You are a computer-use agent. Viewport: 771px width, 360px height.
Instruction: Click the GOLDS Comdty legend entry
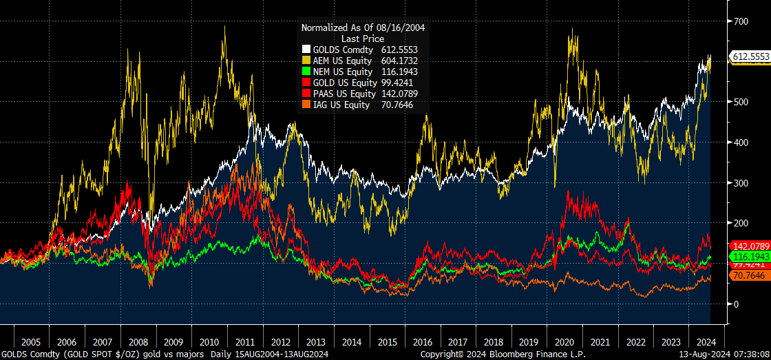[343, 50]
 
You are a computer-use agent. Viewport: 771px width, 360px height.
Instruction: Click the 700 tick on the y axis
[741, 22]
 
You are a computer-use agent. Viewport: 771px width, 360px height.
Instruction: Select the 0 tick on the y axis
[736, 304]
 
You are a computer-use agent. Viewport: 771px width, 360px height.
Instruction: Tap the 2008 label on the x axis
[138, 341]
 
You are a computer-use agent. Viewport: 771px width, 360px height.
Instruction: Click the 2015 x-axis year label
[388, 341]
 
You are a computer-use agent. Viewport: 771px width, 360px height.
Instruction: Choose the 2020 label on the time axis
[564, 341]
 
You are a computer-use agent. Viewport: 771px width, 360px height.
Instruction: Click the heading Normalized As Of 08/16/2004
[363, 28]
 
